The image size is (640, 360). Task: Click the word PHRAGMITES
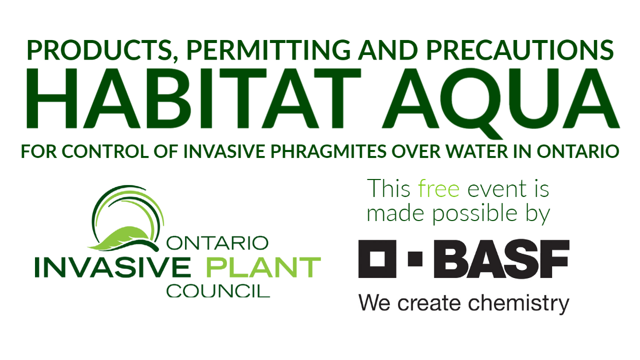328,151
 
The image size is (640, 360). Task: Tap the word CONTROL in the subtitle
105,151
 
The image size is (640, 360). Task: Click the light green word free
439,188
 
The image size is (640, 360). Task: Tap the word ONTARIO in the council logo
217,243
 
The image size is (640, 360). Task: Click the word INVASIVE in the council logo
112,267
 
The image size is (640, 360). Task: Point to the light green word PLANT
263,267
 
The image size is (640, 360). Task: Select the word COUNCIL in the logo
218,291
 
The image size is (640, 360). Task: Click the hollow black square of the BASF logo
377,259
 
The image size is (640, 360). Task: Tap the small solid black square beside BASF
415,259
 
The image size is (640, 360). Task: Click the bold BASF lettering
501,259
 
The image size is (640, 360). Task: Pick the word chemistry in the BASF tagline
518,303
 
